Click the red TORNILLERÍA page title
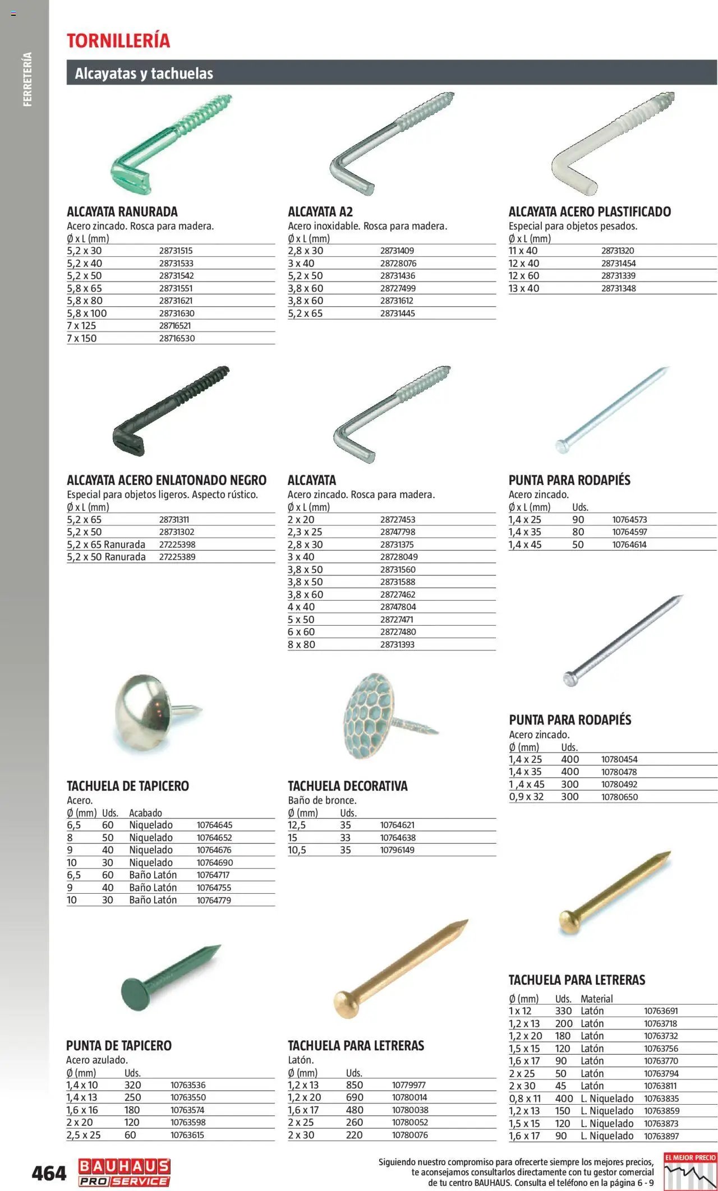(118, 40)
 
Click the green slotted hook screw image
(168, 145)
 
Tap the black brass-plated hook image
(168, 412)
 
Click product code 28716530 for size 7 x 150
(177, 339)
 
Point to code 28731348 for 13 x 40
(618, 288)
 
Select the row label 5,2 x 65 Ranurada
(106, 544)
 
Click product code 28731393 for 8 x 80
(397, 645)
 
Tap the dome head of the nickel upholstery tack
(143, 712)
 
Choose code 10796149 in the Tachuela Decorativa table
(397, 850)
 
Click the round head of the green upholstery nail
(136, 995)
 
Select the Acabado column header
(145, 813)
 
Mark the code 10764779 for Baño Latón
(214, 900)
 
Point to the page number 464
(49, 1173)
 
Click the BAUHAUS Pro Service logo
(124, 1172)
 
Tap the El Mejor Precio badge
(690, 1171)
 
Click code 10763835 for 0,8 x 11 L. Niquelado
(661, 1098)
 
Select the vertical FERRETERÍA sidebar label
(27, 80)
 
